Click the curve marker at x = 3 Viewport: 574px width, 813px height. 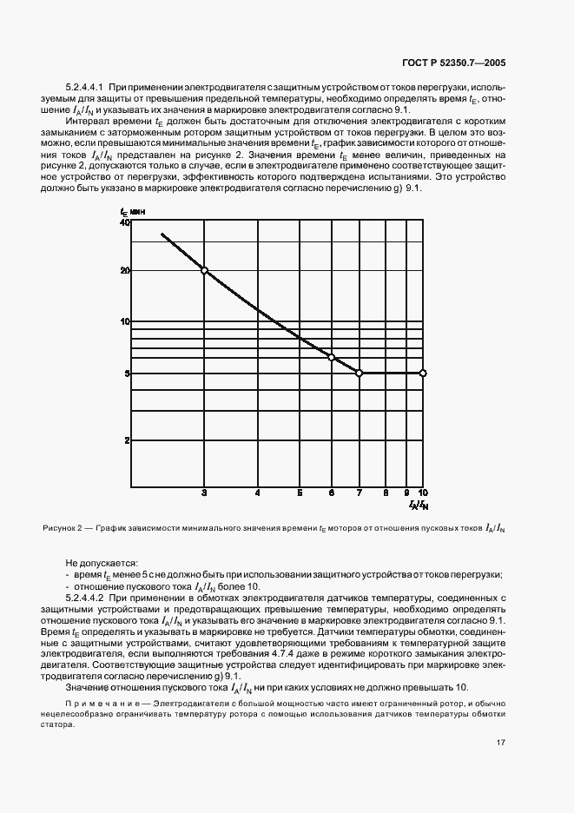tap(205, 270)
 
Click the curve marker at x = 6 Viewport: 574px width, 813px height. tap(331, 357)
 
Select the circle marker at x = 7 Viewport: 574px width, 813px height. tap(360, 373)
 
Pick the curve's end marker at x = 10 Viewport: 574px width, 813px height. tap(423, 373)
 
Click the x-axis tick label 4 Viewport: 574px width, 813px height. tap(258, 492)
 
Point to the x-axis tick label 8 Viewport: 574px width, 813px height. tap(386, 492)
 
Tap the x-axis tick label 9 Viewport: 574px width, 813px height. tap(406, 492)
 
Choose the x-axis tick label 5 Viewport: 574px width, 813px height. tap(300, 492)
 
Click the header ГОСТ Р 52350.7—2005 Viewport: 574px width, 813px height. tap(467, 63)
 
